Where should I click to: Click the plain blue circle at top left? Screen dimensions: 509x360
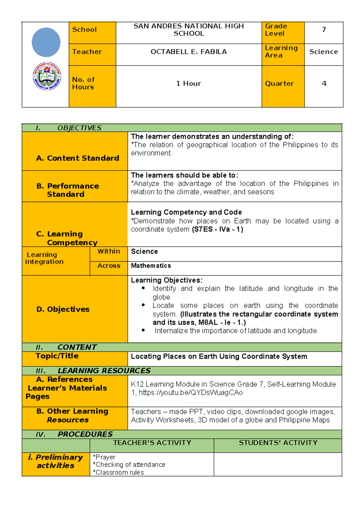pos(46,42)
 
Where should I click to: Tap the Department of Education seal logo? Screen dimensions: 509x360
pos(47,76)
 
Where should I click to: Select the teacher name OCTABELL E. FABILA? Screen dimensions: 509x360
pos(188,52)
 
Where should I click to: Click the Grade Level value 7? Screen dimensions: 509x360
pos(324,29)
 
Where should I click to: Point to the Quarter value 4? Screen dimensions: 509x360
pos(324,83)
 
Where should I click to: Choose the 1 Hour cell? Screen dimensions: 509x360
pos(188,83)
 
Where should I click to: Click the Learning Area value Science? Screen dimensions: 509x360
pos(323,52)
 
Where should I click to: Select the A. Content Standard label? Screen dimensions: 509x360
pos(77,158)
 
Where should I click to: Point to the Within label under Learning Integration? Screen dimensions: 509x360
pos(109,251)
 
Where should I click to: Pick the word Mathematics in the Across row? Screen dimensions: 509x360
pos(151,266)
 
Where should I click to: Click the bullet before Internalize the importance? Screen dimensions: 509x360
pos(143,330)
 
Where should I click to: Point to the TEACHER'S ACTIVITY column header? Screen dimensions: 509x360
pos(152,443)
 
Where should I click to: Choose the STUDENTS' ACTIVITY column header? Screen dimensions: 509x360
pos(278,443)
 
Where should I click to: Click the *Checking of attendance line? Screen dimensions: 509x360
pos(129,465)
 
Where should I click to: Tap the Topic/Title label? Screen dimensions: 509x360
pos(57,356)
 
